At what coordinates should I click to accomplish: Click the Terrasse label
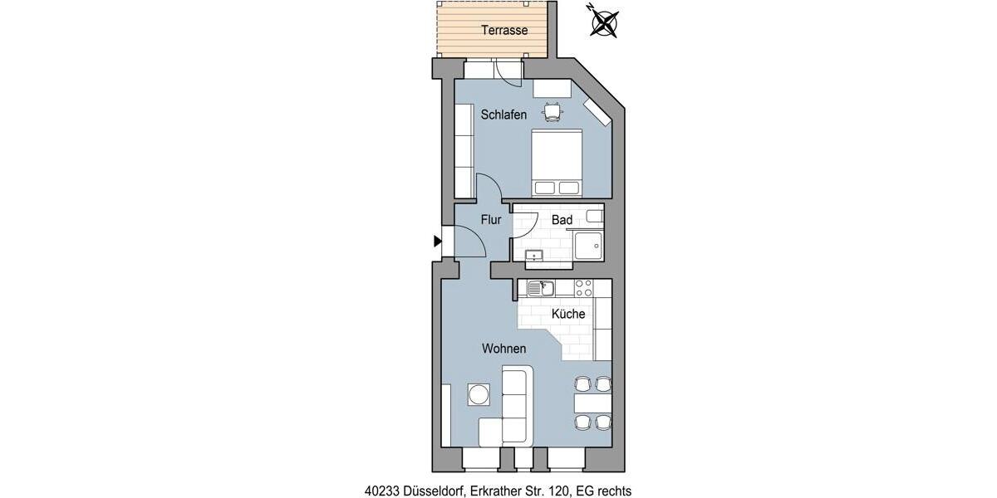click(504, 31)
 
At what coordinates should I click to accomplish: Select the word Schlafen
click(503, 115)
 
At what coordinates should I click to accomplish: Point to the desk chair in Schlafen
click(553, 110)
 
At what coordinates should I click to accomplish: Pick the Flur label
click(491, 220)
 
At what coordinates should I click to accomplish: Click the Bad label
click(562, 220)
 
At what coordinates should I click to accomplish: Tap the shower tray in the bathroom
click(587, 247)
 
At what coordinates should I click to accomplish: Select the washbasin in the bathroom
click(534, 255)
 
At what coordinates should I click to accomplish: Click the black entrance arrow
click(437, 242)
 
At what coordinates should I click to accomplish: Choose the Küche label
click(568, 315)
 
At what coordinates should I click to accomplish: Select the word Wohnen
click(503, 349)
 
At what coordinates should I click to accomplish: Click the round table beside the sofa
click(479, 393)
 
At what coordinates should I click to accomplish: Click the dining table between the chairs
click(592, 403)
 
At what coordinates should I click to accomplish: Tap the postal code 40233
click(381, 491)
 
